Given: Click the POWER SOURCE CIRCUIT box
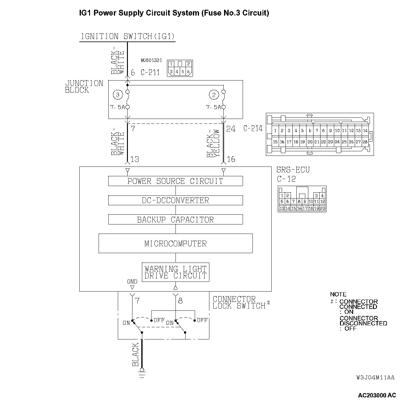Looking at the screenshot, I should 176,181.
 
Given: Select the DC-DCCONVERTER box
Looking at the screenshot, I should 176,200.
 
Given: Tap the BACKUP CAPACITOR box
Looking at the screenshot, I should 176,220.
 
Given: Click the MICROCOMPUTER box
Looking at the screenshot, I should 176,243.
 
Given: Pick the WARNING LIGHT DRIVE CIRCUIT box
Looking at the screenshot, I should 176,272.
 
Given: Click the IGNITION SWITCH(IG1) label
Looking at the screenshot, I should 128,37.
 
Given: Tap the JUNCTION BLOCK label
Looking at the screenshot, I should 84,87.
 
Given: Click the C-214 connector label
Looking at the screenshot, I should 253,128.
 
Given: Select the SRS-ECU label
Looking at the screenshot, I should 293,170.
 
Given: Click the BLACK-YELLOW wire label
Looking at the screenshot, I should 213,143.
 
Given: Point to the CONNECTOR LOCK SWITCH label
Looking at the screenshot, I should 240,303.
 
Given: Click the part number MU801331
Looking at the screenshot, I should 151,60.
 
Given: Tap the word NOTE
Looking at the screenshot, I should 338,294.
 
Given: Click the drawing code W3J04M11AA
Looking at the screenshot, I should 375,378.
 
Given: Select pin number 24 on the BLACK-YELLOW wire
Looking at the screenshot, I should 231,129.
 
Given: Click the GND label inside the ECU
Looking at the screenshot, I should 132,281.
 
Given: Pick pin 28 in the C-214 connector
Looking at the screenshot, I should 365,142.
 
